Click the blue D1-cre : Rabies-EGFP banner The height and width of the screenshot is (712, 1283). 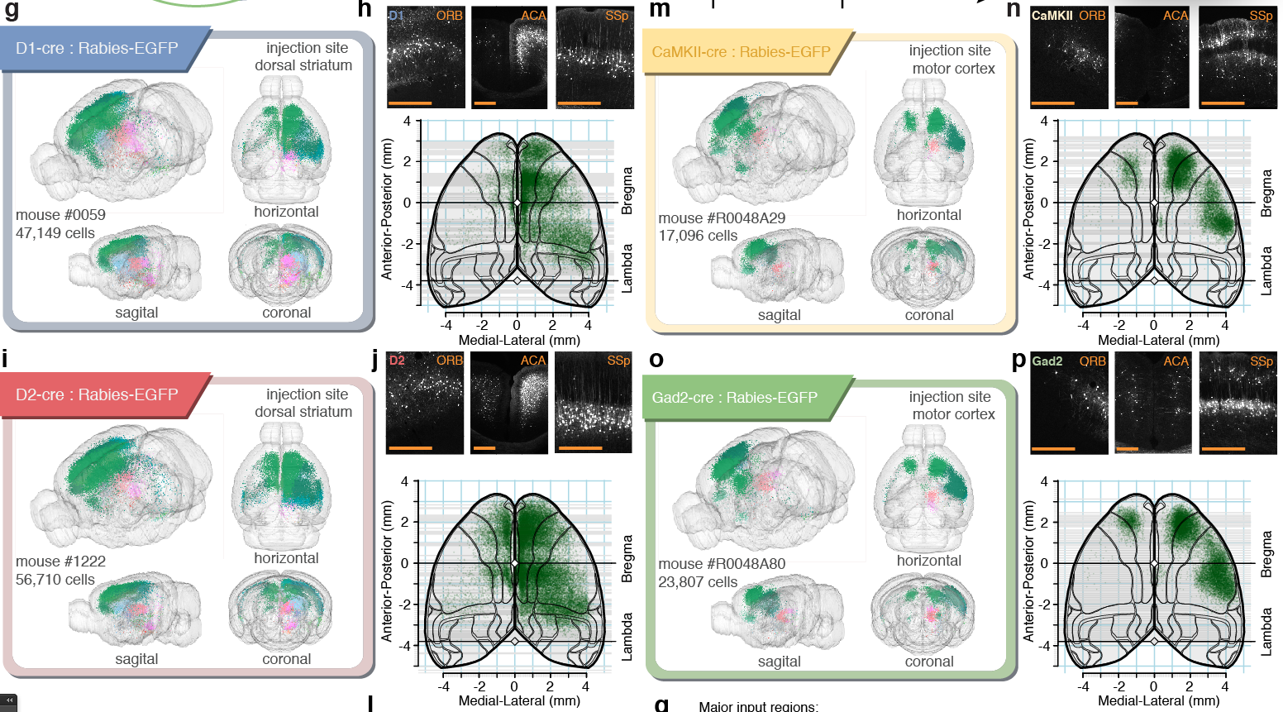97,49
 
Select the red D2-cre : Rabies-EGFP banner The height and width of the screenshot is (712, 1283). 97,395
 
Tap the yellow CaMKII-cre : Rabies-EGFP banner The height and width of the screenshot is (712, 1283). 741,52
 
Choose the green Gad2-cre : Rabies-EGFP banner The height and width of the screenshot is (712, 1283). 734,398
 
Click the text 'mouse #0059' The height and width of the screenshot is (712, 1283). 60,215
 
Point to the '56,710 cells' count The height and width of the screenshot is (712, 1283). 55,580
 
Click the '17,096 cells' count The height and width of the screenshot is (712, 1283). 698,236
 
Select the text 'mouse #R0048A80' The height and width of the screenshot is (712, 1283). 722,564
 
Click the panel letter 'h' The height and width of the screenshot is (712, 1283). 365,10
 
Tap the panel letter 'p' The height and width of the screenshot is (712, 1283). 1018,361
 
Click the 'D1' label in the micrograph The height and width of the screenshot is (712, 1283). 396,16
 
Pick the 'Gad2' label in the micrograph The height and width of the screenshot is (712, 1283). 1047,361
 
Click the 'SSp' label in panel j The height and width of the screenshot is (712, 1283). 618,361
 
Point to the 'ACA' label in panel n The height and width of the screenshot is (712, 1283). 1176,16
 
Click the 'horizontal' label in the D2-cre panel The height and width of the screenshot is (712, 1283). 286,558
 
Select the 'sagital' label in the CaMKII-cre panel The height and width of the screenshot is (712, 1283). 779,315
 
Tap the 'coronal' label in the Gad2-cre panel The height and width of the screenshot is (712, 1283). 929,662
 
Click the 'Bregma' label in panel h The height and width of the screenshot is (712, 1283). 627,191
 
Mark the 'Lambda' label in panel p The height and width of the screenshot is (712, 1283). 1266,632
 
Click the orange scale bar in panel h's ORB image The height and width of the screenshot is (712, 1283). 410,103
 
